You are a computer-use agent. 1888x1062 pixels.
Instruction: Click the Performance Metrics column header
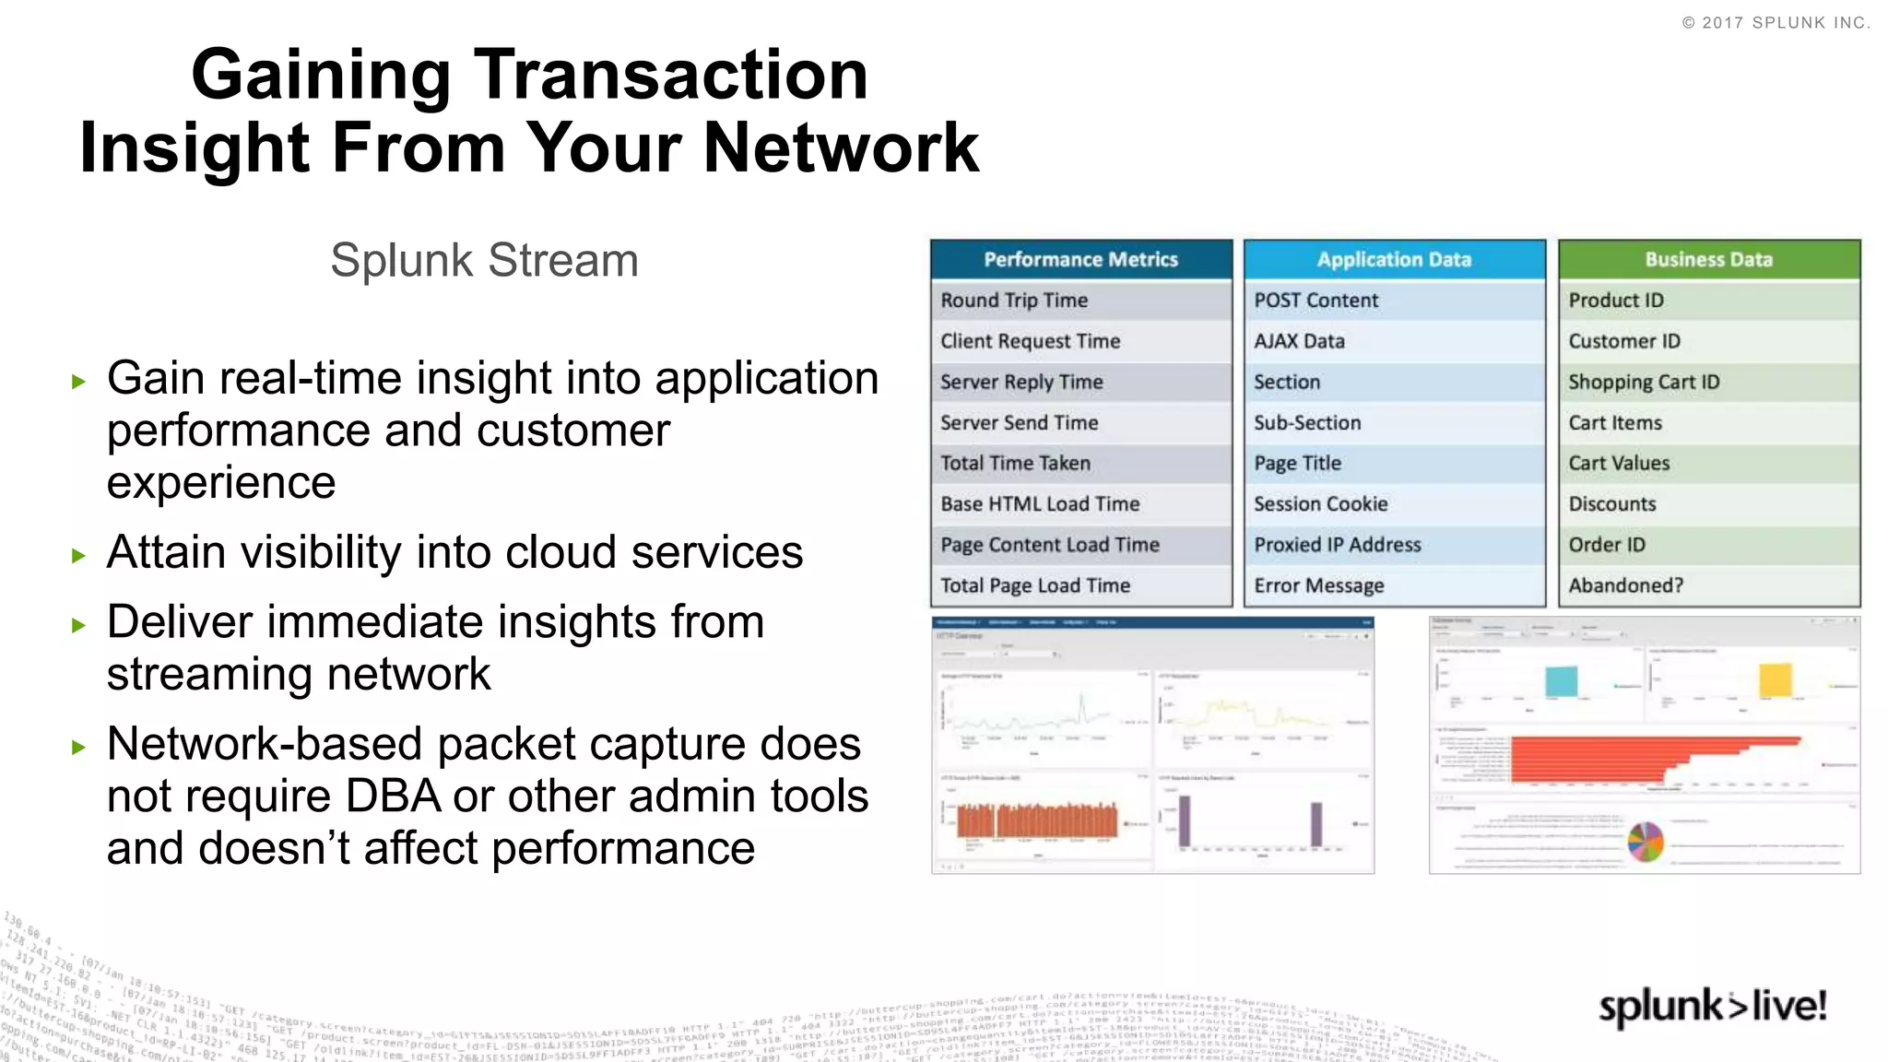1080,260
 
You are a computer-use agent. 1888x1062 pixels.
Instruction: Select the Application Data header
1394,260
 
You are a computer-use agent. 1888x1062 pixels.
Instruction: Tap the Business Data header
1708,260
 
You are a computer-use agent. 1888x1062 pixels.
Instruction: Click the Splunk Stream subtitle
484,260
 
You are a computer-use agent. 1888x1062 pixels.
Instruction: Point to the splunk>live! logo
1712,1006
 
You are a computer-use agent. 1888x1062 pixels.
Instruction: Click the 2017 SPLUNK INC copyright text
1776,23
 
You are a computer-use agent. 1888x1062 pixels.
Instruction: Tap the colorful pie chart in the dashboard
1646,842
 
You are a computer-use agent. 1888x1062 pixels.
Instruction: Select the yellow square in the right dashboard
1776,680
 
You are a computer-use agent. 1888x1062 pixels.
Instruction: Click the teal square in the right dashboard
1561,681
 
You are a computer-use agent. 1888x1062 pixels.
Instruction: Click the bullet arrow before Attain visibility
79,555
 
